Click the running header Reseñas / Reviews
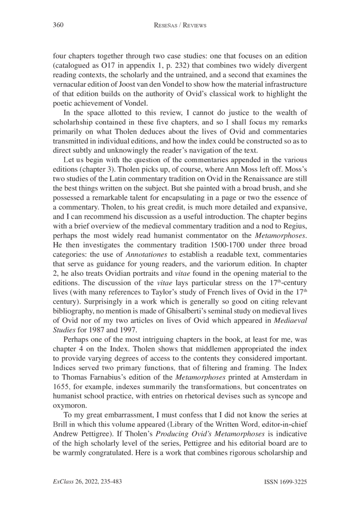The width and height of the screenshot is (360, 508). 180,26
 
